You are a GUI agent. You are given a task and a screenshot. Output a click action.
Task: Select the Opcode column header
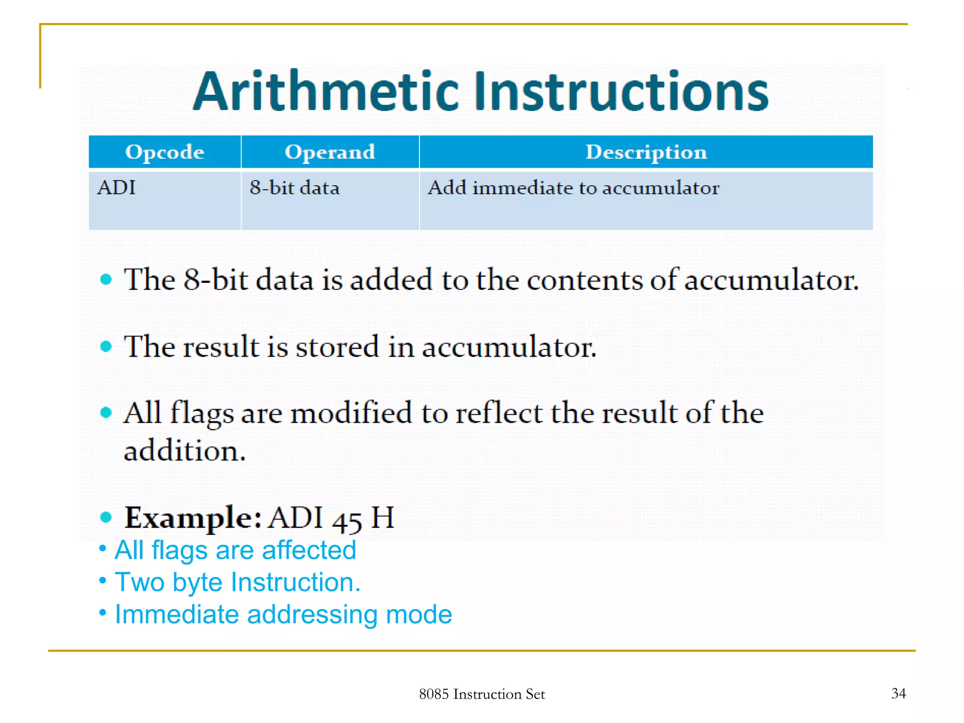(165, 152)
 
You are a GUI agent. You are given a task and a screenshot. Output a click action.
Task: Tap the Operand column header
(330, 152)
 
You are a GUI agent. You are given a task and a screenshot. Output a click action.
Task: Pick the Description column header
(646, 152)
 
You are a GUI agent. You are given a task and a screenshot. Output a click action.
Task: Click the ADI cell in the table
(116, 188)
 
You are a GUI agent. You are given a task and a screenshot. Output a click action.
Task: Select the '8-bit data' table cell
(294, 188)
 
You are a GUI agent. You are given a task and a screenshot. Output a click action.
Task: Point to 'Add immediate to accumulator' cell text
(573, 188)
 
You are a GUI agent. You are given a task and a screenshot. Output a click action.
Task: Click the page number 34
(899, 693)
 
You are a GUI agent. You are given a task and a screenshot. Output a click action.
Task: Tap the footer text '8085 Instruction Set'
(482, 694)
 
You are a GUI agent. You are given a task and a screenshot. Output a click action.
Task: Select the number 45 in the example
(347, 520)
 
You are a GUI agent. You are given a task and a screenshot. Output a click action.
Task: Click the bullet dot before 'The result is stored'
(106, 346)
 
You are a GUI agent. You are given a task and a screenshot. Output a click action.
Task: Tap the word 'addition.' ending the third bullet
(185, 451)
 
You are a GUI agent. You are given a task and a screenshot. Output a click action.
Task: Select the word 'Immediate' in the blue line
(177, 614)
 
